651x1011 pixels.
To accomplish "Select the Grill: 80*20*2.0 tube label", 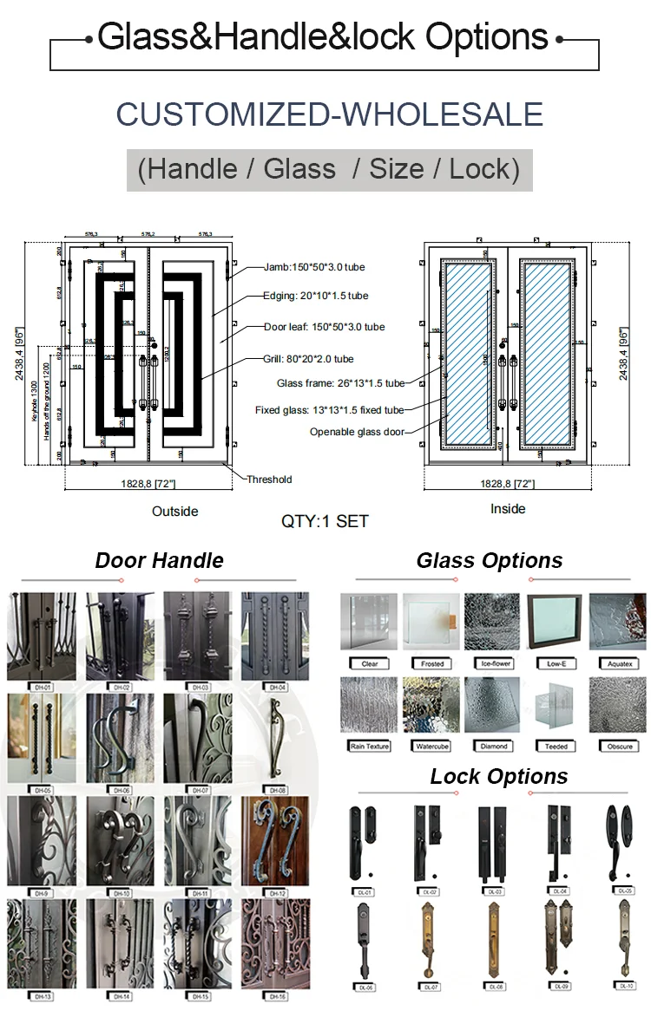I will (x=308, y=358).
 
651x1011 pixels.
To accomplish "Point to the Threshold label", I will (x=269, y=479).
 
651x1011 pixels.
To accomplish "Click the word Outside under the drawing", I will (x=175, y=511).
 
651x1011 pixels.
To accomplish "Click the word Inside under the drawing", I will (x=508, y=509).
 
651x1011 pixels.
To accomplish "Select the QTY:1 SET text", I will (x=325, y=521).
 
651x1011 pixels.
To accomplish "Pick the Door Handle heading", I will (x=159, y=561).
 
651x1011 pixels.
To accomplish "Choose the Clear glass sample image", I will (x=369, y=622).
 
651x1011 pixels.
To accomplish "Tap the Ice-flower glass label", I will (x=494, y=664).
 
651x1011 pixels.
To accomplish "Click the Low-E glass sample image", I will (x=556, y=622).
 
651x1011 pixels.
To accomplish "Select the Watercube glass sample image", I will (x=431, y=704).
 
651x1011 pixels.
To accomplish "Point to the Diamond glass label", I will (x=494, y=746).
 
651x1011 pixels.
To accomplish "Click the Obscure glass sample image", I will (x=617, y=704).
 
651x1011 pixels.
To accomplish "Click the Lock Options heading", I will (x=499, y=777).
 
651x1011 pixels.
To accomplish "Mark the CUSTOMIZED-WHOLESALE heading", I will (x=329, y=114).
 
